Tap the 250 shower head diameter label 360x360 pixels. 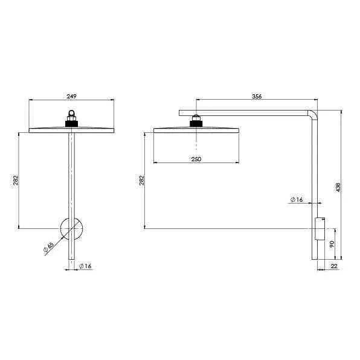[x=196, y=159]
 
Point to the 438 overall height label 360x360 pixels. [x=338, y=188]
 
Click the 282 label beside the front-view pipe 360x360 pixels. [x=16, y=180]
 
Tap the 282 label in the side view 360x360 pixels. [x=141, y=180]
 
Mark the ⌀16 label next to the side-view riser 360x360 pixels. [x=296, y=199]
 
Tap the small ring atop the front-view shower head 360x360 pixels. [x=72, y=112]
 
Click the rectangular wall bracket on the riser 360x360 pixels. [x=319, y=229]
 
